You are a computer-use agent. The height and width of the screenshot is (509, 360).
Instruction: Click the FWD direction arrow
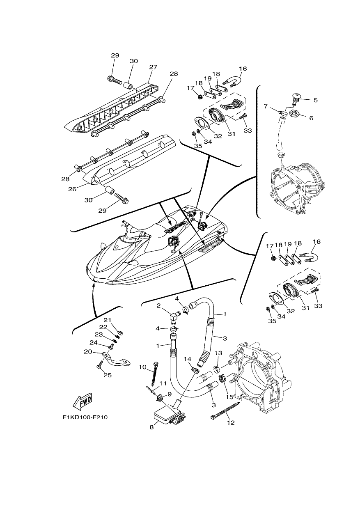click(x=82, y=402)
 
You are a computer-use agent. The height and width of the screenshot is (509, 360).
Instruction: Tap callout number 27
click(x=153, y=67)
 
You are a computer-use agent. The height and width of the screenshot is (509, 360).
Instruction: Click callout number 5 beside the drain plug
click(x=315, y=100)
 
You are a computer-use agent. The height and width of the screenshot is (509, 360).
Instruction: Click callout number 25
click(x=108, y=375)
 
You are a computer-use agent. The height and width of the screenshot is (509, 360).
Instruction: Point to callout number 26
click(x=72, y=189)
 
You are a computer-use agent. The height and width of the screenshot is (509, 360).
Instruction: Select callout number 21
click(x=107, y=320)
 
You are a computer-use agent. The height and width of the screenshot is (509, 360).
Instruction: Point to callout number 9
click(x=169, y=394)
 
